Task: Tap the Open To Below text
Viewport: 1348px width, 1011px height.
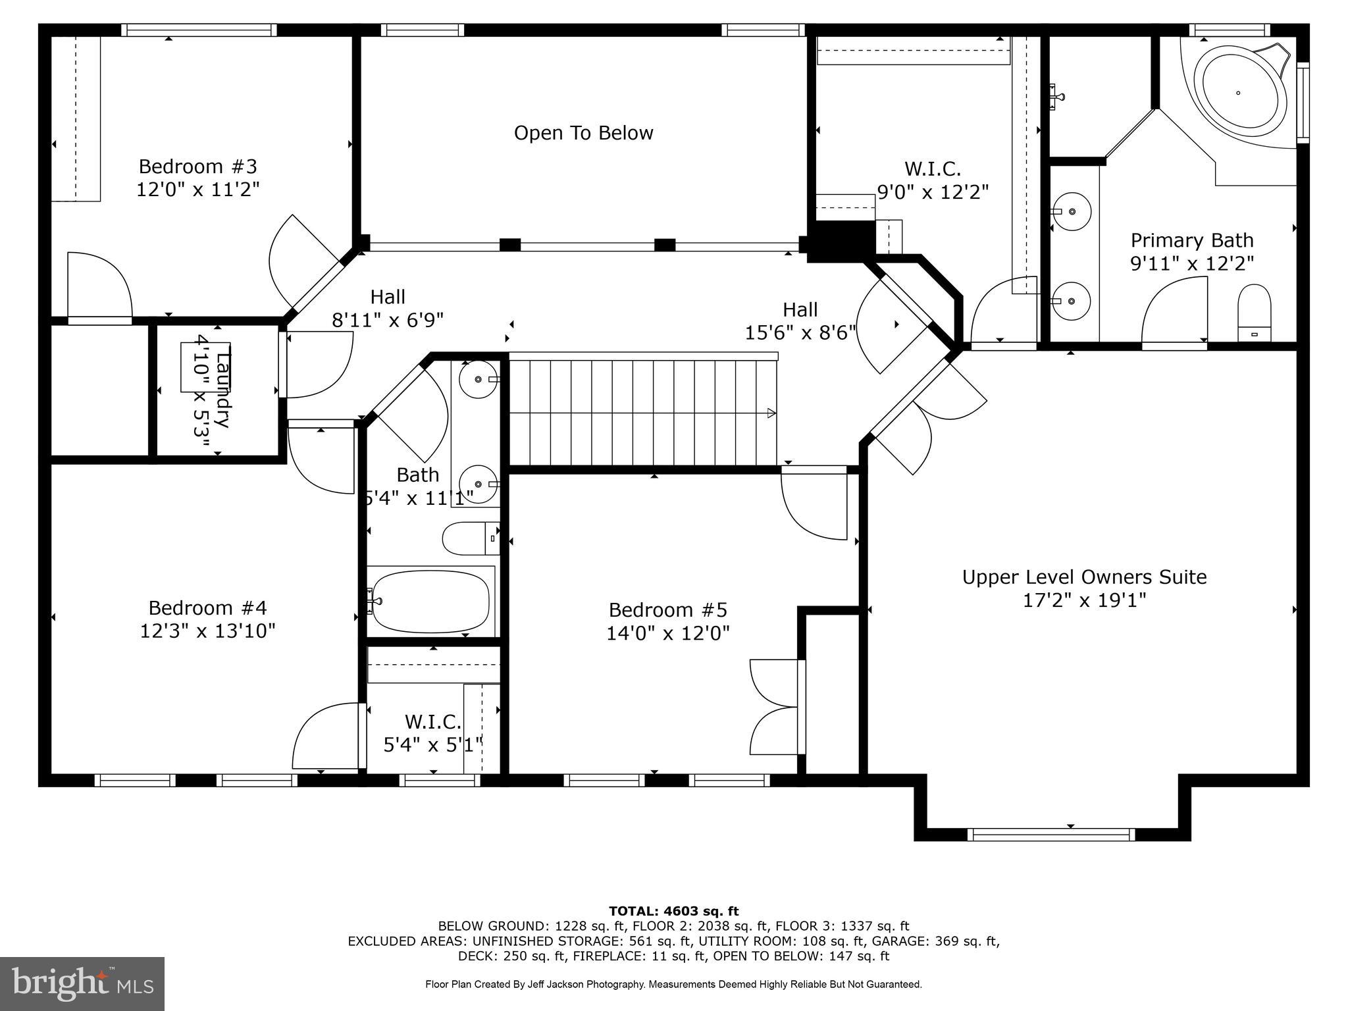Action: [x=583, y=133]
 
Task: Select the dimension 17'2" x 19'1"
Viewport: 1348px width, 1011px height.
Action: [x=1084, y=600]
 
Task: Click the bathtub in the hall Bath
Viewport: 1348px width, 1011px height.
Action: [x=430, y=601]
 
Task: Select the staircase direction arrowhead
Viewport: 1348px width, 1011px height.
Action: [x=771, y=413]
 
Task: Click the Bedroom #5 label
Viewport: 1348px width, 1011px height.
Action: [x=667, y=609]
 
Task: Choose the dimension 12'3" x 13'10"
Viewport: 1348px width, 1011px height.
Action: [x=207, y=631]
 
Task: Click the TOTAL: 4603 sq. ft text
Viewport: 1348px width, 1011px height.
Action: [x=673, y=912]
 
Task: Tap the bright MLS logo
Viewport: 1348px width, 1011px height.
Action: [x=82, y=983]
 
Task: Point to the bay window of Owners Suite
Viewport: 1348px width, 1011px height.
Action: [x=1051, y=834]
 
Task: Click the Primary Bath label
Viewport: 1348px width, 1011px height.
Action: [x=1191, y=240]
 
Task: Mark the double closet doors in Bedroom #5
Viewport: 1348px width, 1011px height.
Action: [x=775, y=707]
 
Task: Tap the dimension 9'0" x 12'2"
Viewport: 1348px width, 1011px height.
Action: [x=933, y=192]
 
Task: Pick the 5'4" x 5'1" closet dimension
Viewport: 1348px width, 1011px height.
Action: [x=432, y=745]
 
